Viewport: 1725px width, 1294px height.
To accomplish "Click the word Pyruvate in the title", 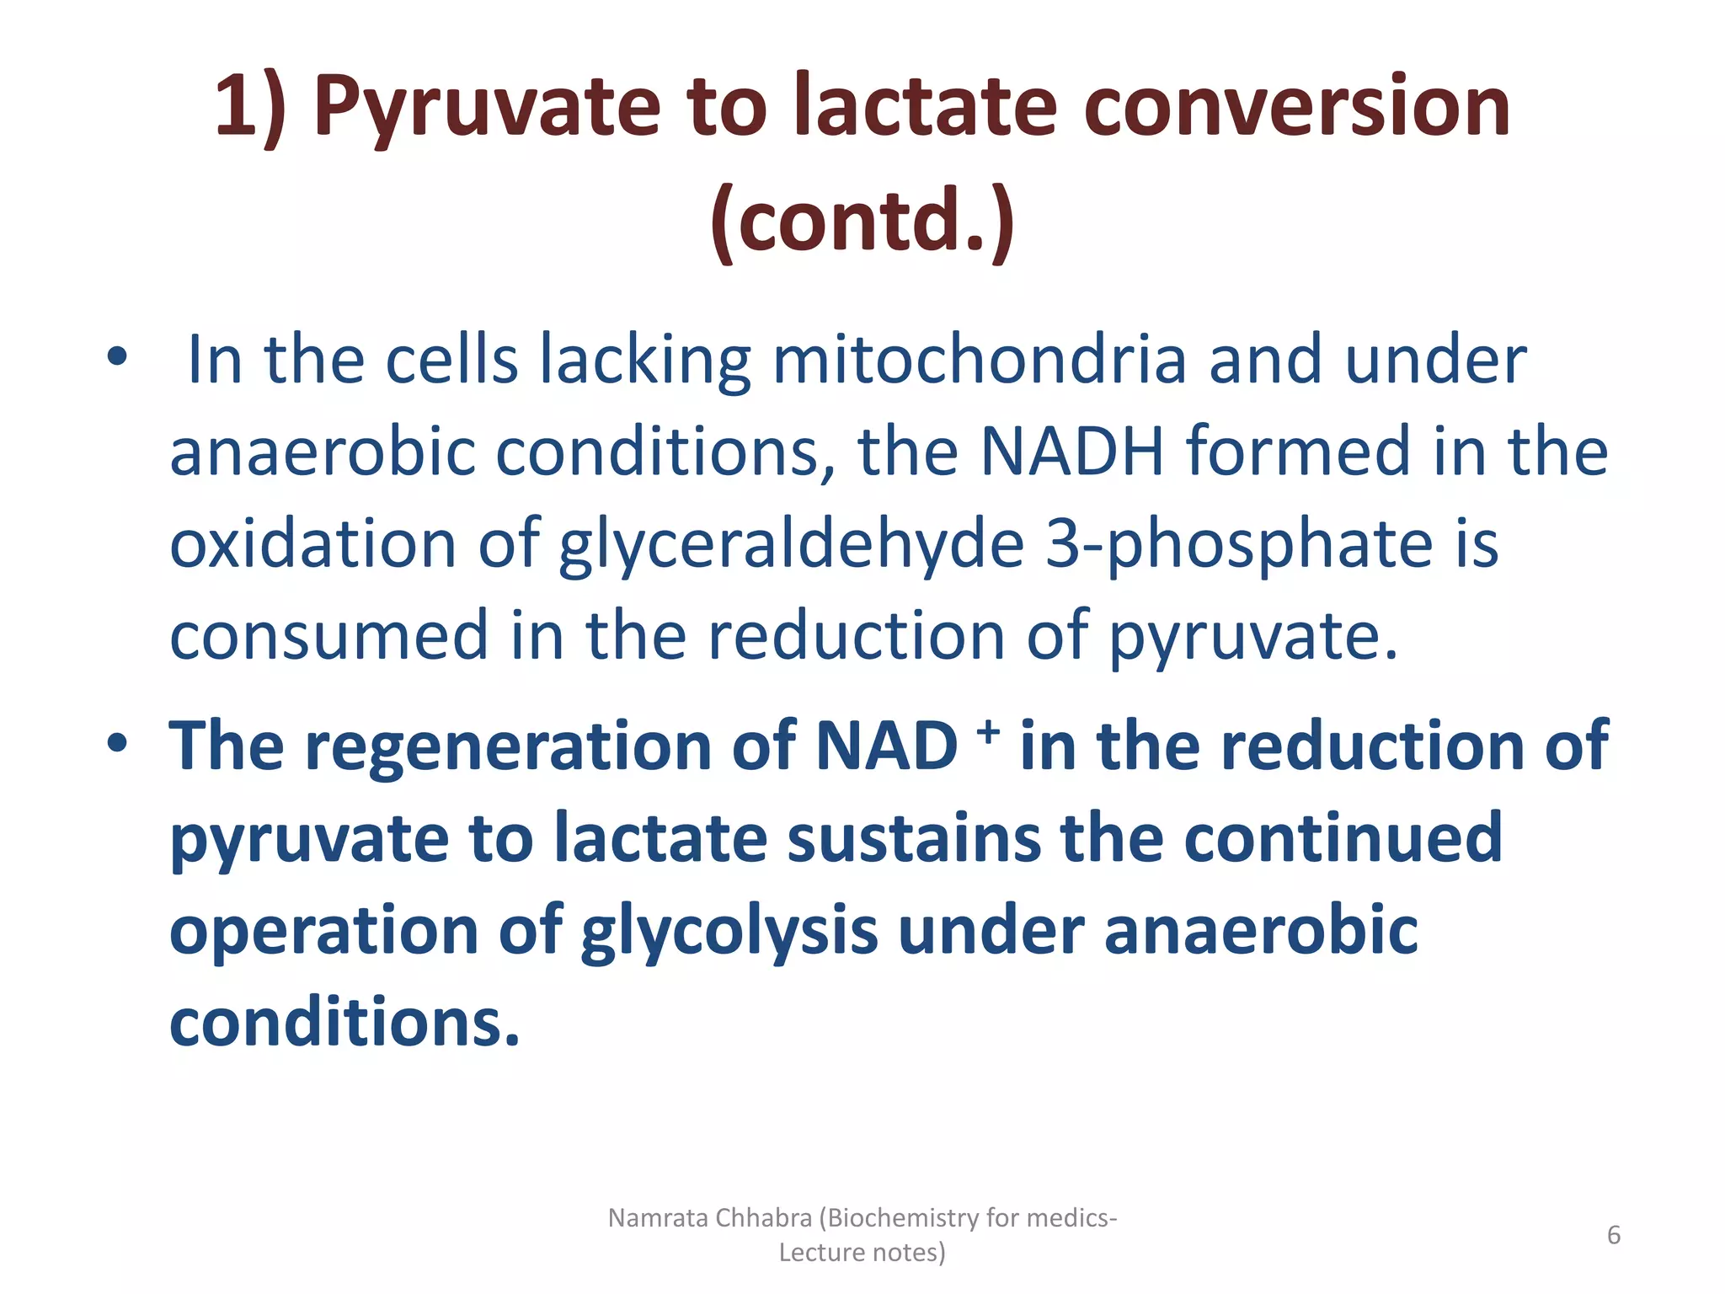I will [487, 108].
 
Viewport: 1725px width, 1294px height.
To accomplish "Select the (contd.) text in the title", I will [862, 221].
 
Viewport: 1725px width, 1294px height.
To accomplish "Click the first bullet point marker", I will [117, 357].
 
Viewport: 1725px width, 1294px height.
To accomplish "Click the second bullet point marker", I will [117, 743].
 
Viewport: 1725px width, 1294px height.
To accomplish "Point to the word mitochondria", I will [980, 360].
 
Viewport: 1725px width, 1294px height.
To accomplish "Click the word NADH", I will [1072, 452].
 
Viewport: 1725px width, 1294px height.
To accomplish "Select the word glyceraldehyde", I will [791, 544].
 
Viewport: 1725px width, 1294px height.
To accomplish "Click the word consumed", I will [328, 636].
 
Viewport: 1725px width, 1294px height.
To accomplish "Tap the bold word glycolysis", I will [729, 932].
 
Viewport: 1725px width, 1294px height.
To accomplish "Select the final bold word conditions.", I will [344, 1023].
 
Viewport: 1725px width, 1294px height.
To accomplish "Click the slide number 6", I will [1614, 1235].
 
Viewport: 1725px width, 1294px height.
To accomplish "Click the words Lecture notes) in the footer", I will [862, 1253].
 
